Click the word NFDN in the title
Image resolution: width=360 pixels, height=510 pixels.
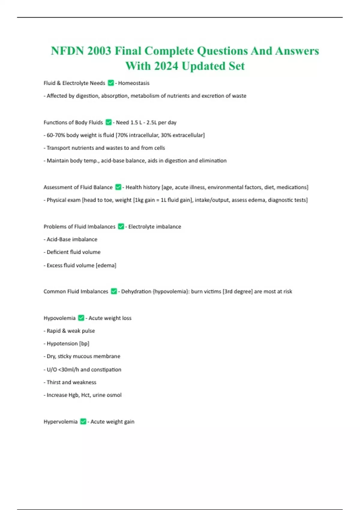(x=67, y=51)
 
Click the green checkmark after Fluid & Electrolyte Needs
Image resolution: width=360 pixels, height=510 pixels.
(x=111, y=83)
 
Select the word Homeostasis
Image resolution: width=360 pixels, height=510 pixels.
(x=133, y=83)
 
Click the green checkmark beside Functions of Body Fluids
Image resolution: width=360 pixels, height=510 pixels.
(x=109, y=122)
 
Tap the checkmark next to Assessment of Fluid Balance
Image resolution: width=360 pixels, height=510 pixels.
(x=118, y=187)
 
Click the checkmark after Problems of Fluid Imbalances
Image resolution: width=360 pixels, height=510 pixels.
(x=121, y=226)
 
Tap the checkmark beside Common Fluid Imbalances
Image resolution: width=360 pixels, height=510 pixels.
(x=114, y=291)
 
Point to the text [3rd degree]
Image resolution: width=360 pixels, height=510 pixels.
(x=238, y=292)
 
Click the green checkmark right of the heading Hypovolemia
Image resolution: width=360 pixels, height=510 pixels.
(x=81, y=318)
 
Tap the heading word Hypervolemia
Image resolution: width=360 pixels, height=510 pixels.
(x=60, y=422)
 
